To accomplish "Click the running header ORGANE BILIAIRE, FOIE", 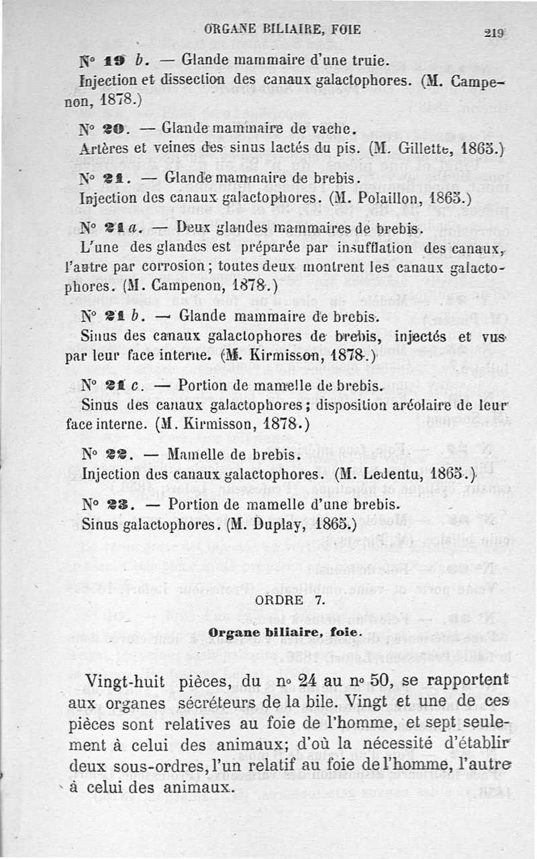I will [282, 30].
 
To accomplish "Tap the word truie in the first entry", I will [370, 61].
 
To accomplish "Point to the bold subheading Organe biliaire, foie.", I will [285, 632].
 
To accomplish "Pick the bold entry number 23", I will [115, 505].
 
